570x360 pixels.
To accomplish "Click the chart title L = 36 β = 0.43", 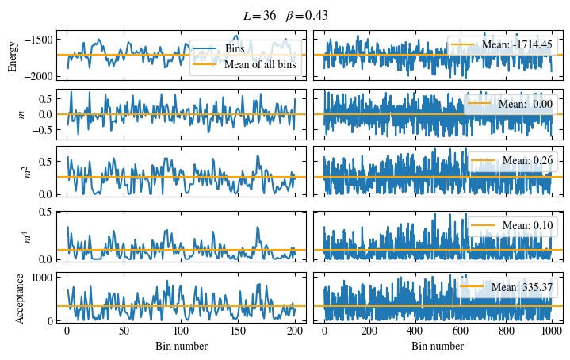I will tap(285, 15).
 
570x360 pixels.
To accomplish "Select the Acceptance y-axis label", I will tap(21, 297).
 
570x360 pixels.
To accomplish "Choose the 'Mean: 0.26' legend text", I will tap(526, 161).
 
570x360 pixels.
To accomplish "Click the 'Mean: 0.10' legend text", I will tap(526, 226).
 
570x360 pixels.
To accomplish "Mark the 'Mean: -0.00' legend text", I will tap(524, 103).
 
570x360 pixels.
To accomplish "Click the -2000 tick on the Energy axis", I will tap(44, 76).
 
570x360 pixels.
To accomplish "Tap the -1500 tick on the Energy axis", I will tap(44, 39).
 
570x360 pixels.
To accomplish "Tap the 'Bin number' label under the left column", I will tap(181, 347).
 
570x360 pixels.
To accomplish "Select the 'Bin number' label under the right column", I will tap(438, 347).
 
